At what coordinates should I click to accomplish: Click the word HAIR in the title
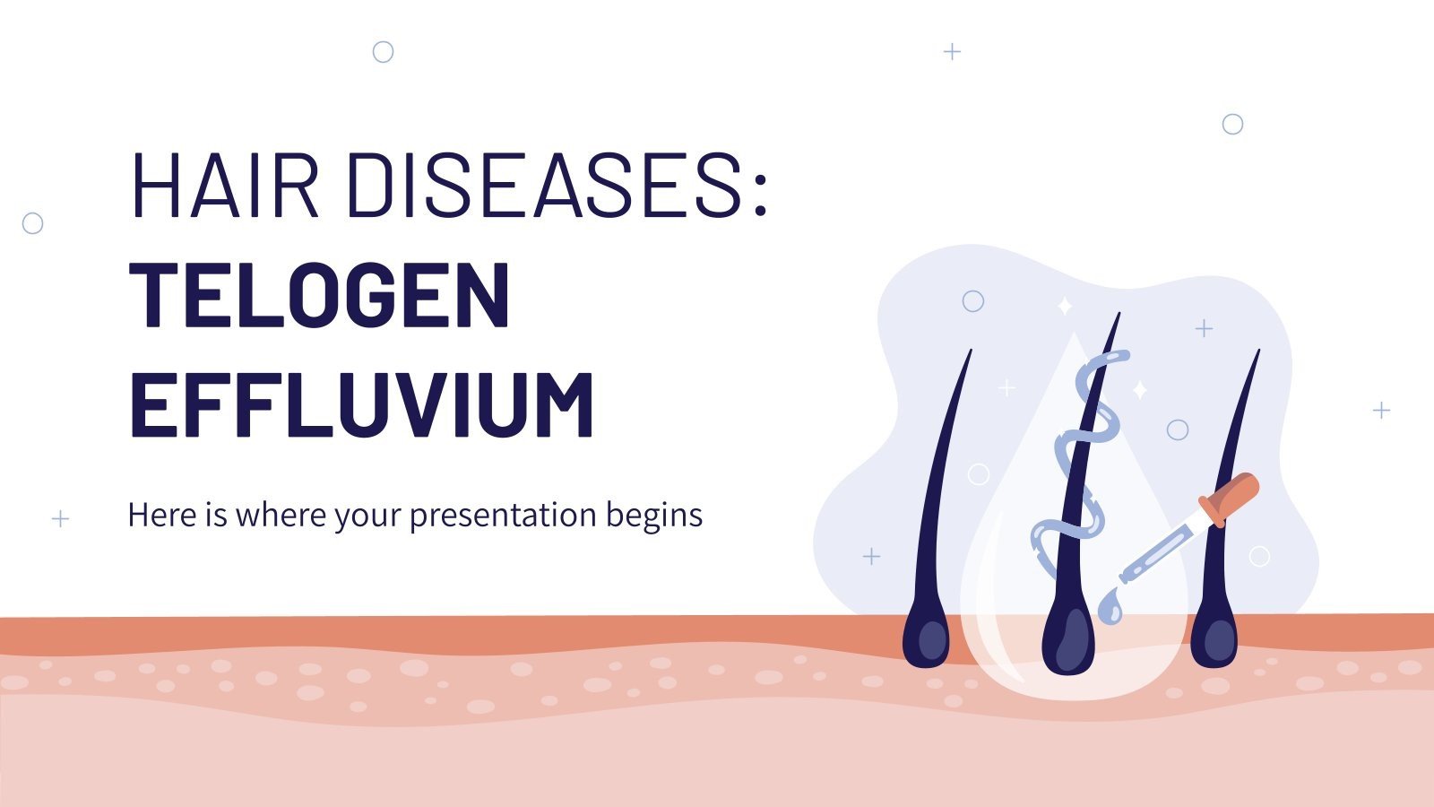click(224, 186)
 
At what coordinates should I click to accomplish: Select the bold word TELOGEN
click(320, 295)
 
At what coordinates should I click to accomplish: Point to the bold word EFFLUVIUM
click(361, 404)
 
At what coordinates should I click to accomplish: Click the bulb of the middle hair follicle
click(1068, 642)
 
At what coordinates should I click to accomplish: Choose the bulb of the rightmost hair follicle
click(1215, 638)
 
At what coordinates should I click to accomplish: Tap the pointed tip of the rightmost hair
click(1258, 352)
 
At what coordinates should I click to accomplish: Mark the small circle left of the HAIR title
click(32, 223)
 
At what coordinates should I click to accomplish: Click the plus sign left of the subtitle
click(60, 518)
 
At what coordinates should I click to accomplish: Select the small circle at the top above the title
click(383, 52)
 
